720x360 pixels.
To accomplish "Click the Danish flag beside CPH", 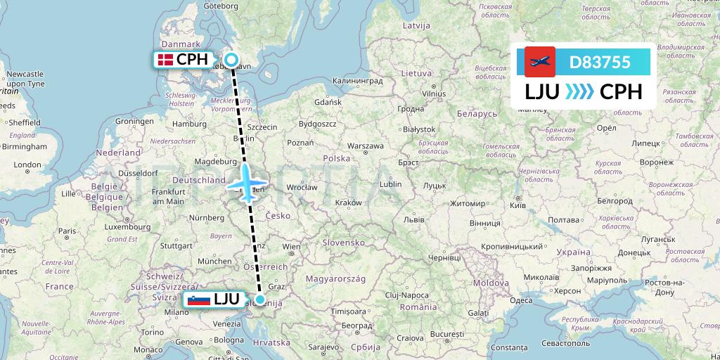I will [166, 60].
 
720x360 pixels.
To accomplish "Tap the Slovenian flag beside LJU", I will [199, 300].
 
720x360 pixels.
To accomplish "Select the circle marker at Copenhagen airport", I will [231, 60].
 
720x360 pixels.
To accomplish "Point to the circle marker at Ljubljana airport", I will [260, 300].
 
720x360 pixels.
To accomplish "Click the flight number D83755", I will [599, 62].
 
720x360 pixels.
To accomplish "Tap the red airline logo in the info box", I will [540, 62].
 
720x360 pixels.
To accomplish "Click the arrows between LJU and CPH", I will [579, 92].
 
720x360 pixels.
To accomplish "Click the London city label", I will [27, 165].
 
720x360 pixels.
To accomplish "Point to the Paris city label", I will [67, 231].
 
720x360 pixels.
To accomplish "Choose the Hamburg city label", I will [187, 124].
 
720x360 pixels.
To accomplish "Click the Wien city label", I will [291, 247].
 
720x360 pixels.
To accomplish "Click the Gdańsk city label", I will [328, 102].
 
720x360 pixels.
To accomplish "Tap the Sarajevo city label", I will [323, 347].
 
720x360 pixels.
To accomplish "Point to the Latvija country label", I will [416, 25].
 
